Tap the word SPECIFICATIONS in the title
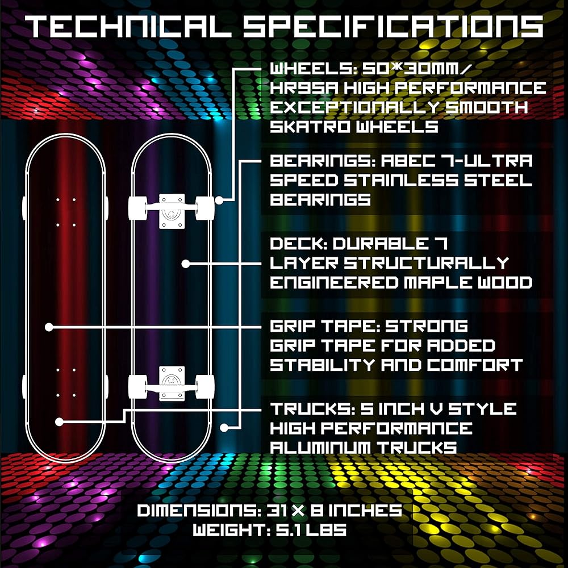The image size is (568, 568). [392, 27]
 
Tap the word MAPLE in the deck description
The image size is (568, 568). [442, 282]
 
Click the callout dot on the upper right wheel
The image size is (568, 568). [219, 200]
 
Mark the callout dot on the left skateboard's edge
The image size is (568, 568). [49, 327]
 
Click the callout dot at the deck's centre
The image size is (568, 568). [186, 264]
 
